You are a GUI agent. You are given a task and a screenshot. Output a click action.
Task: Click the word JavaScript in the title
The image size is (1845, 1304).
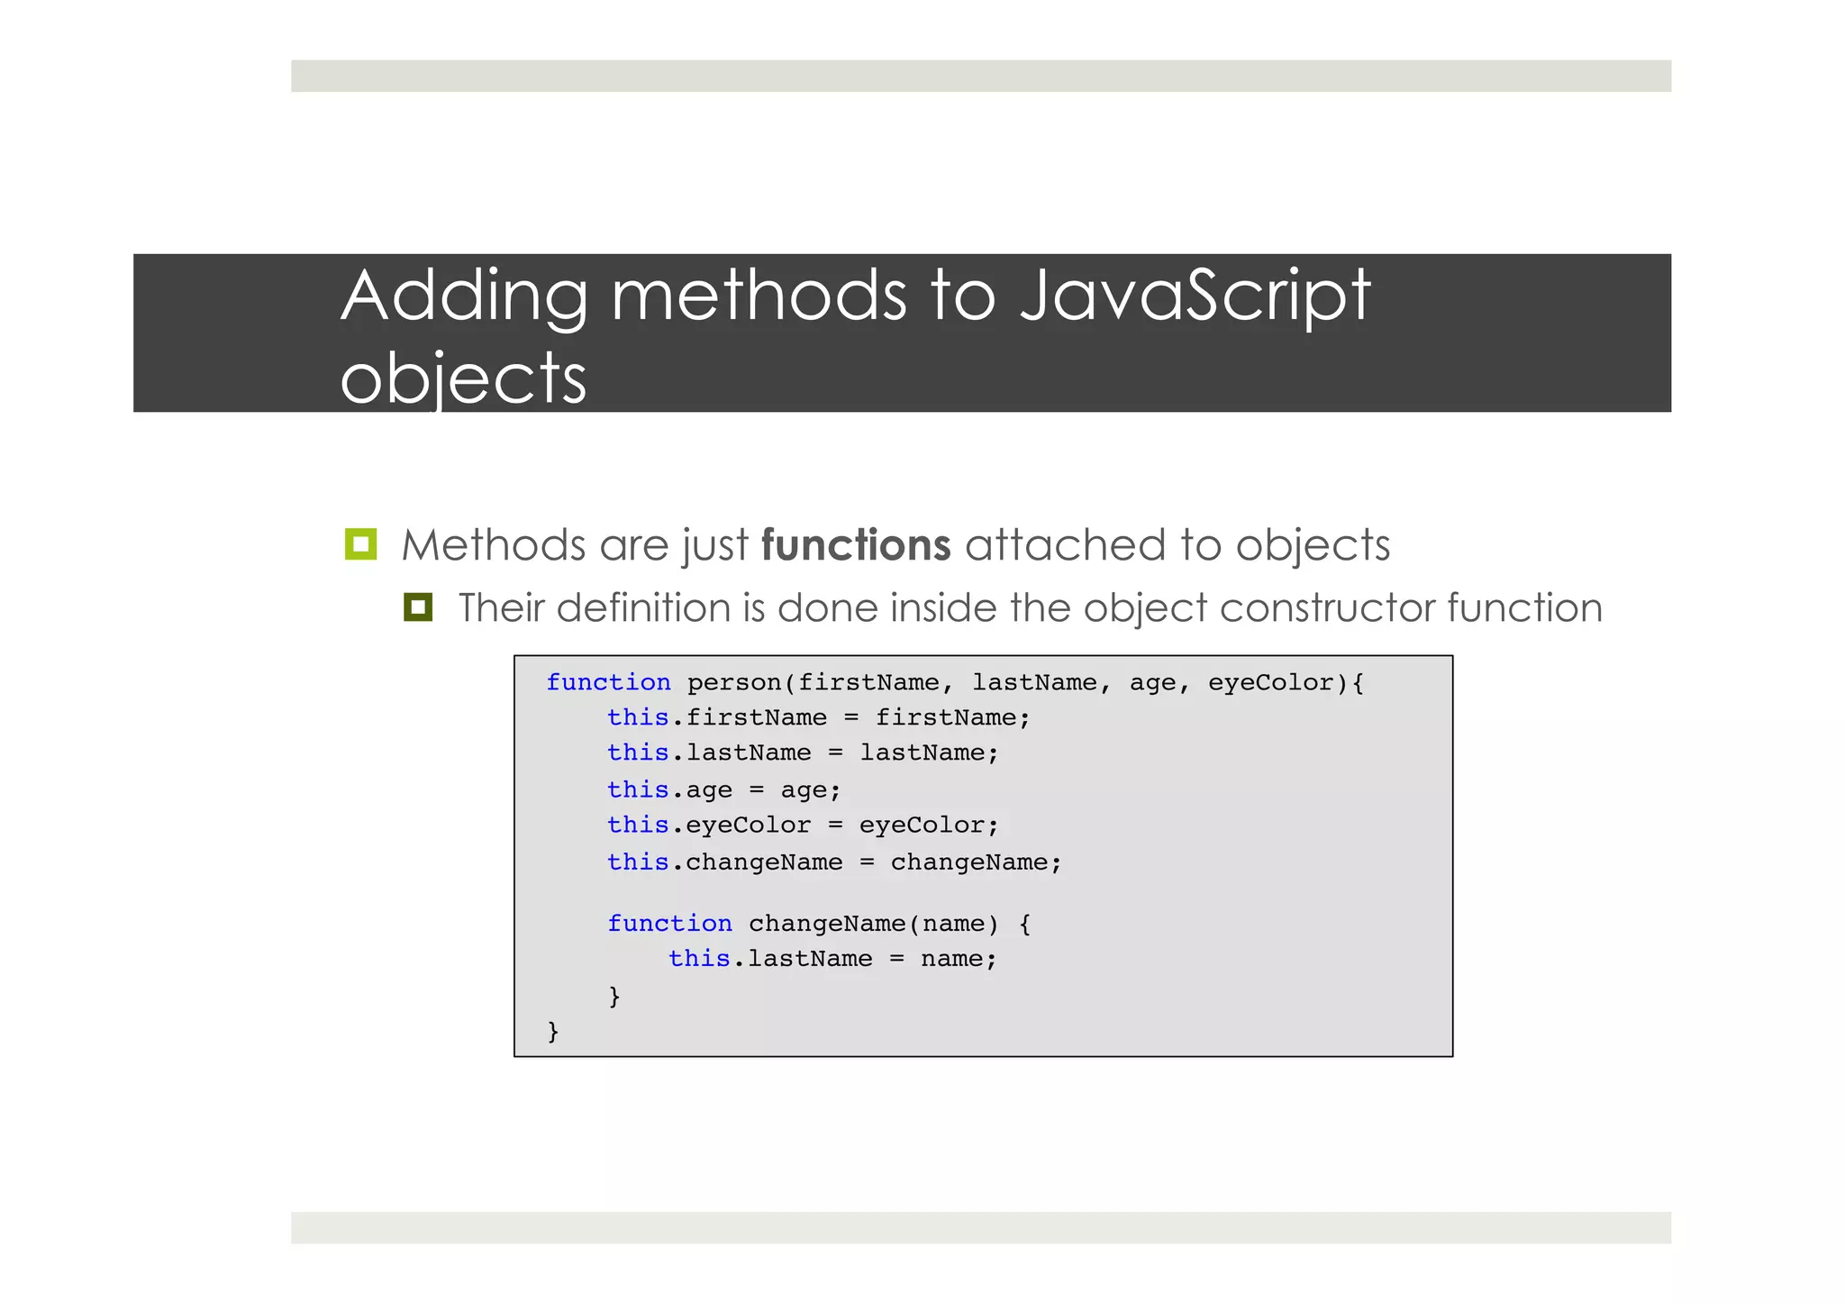[x=1195, y=296]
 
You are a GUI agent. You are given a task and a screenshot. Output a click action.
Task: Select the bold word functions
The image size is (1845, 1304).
[x=855, y=545]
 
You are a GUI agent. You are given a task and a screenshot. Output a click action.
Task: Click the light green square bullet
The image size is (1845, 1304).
[x=360, y=544]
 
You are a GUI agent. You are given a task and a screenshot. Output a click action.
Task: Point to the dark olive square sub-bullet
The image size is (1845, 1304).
[x=418, y=607]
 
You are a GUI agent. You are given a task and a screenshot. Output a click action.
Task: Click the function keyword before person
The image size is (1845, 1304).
[x=608, y=682]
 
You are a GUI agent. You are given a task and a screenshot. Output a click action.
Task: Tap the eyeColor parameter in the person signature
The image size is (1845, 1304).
[x=1271, y=682]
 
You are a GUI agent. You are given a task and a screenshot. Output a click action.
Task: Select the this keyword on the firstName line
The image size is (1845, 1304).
[x=637, y=717]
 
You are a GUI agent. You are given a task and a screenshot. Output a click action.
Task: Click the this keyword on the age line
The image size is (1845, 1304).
[x=637, y=789]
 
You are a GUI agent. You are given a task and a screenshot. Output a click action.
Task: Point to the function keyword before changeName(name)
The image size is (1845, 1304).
[x=669, y=923]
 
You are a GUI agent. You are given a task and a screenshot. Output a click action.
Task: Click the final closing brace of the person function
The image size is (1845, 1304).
[x=553, y=1030]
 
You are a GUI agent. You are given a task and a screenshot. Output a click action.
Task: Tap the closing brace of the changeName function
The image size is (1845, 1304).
[x=614, y=995]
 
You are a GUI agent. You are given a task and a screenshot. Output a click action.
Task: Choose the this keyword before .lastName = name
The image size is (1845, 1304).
[x=698, y=958]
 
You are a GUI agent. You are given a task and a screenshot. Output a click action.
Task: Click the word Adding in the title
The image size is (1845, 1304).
[x=464, y=296]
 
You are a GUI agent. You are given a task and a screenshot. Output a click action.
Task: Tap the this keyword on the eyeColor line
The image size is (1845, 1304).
[x=637, y=825]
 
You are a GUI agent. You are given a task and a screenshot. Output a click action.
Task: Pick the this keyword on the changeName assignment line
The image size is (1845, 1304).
[x=637, y=862]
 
